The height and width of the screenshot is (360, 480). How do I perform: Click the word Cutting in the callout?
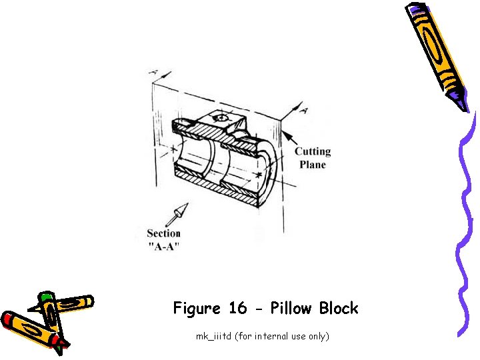tap(313, 152)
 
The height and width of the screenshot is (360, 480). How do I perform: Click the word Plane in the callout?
tap(313, 165)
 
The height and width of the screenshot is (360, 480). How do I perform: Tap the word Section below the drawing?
tap(164, 233)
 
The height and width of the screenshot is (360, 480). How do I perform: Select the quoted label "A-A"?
tap(164, 246)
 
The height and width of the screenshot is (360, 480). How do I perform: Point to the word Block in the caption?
tap(339, 309)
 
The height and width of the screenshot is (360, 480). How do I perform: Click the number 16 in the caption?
tap(238, 309)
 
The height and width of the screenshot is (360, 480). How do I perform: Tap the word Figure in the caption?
tap(197, 309)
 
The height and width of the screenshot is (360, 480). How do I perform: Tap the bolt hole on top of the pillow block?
tap(221, 119)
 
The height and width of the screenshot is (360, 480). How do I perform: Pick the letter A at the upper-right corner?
tap(303, 110)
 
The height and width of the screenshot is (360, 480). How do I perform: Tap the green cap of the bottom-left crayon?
tap(45, 296)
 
